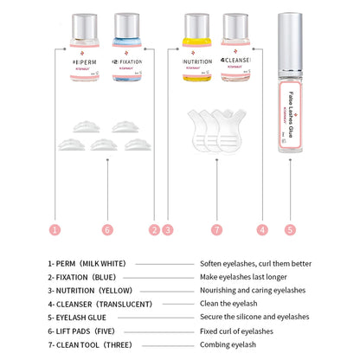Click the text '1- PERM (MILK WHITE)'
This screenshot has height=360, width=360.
pos(87,263)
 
